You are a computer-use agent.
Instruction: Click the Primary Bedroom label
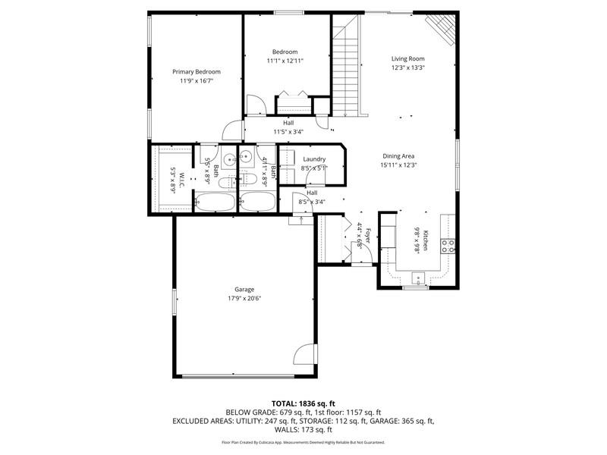point(197,72)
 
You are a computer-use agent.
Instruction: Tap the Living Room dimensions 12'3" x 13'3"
point(407,67)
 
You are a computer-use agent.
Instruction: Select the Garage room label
point(244,290)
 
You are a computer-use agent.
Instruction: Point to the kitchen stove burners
point(448,246)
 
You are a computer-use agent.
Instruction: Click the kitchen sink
point(418,278)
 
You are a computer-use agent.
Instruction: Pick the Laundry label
point(314,159)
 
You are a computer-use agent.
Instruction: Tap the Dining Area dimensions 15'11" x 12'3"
point(398,165)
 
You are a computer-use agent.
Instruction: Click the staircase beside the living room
point(346,66)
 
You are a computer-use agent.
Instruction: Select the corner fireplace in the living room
point(442,29)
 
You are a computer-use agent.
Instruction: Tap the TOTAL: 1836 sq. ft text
point(303,404)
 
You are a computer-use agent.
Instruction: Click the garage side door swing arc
point(300,352)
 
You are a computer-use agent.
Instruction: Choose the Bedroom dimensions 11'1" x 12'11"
point(285,61)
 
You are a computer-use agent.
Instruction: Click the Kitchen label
point(425,240)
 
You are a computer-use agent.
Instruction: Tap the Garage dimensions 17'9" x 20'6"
point(244,299)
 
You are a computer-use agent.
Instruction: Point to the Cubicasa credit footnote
point(303,442)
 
